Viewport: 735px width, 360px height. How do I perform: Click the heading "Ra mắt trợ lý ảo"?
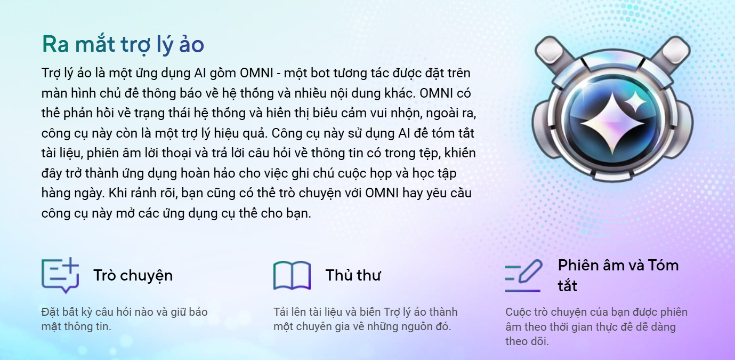click(123, 44)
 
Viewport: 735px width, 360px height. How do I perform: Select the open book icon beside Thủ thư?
click(292, 275)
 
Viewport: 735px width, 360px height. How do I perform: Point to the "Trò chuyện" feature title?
click(133, 275)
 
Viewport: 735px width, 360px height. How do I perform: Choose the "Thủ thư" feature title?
click(353, 275)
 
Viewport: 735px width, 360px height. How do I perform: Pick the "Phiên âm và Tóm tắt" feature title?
click(618, 275)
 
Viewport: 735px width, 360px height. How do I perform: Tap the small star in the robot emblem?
click(635, 102)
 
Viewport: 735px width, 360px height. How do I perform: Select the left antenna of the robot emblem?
click(554, 54)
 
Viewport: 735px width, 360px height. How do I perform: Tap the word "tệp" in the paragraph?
click(430, 154)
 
